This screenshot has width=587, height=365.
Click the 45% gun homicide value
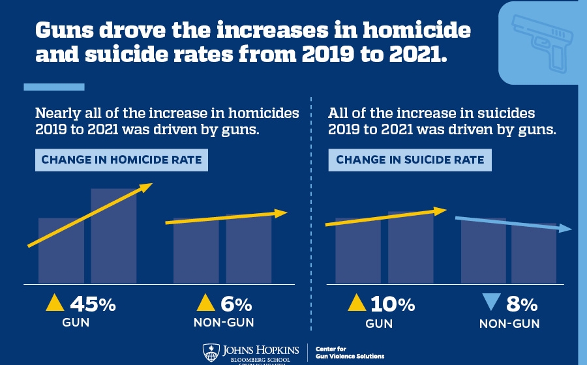click(x=92, y=304)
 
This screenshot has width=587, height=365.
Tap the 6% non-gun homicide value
click(x=235, y=304)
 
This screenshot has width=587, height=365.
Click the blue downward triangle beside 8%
click(x=491, y=303)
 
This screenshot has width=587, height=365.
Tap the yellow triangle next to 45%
click(x=55, y=302)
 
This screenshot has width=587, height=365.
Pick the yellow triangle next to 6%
click(x=206, y=302)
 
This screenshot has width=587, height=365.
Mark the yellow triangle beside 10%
click(x=357, y=302)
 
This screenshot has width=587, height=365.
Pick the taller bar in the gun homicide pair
click(x=113, y=235)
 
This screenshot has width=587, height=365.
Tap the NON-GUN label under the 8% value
click(x=509, y=324)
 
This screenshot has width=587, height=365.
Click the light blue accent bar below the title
click(x=54, y=87)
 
